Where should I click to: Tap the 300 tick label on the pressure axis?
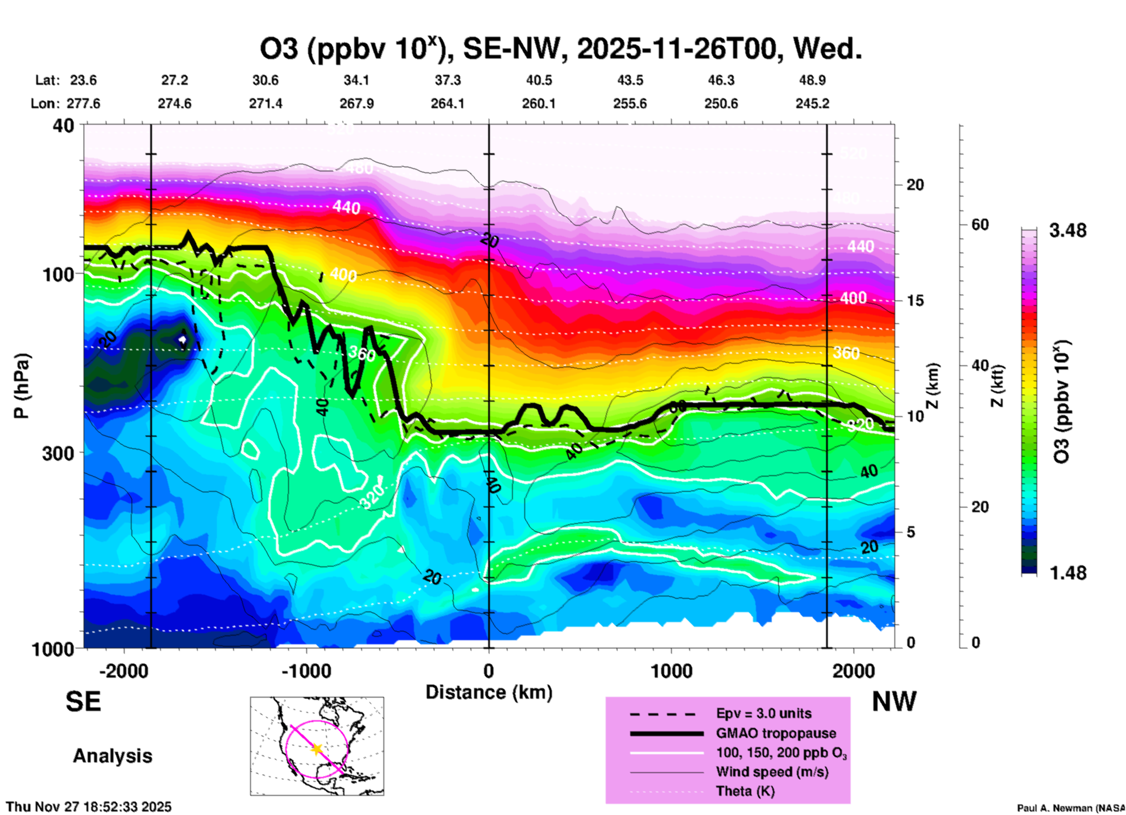click(58, 453)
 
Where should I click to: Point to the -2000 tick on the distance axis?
click(123, 671)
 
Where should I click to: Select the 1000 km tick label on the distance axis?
click(671, 671)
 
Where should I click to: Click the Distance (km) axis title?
click(489, 692)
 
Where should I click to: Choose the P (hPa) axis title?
click(21, 386)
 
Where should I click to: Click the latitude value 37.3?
click(447, 80)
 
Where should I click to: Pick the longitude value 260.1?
click(538, 103)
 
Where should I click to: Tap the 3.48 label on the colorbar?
click(1068, 231)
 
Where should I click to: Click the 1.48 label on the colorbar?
click(1068, 573)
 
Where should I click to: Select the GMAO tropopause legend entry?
click(776, 733)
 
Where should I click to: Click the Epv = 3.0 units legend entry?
click(764, 713)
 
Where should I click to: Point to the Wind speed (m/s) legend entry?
click(772, 772)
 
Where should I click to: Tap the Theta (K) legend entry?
click(745, 792)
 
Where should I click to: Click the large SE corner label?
click(83, 702)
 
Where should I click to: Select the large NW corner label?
click(894, 702)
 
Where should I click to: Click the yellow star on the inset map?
click(317, 749)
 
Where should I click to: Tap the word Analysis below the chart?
click(112, 756)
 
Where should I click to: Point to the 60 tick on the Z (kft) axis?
click(980, 225)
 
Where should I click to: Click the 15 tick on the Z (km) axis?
click(914, 301)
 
